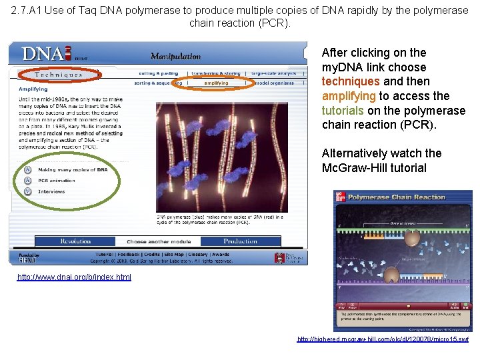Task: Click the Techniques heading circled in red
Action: pos(59,75)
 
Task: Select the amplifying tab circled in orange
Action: pos(215,83)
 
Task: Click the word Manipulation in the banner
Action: pos(175,57)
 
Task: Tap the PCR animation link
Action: pos(57,180)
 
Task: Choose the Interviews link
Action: pos(51,191)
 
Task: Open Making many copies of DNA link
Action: pos(73,169)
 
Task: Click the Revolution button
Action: pos(75,241)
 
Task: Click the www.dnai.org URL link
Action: pos(75,277)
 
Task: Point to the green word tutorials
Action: pos(343,111)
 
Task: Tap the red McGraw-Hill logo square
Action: pos(340,197)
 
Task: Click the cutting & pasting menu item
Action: pos(159,73)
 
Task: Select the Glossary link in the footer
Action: pos(197,254)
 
